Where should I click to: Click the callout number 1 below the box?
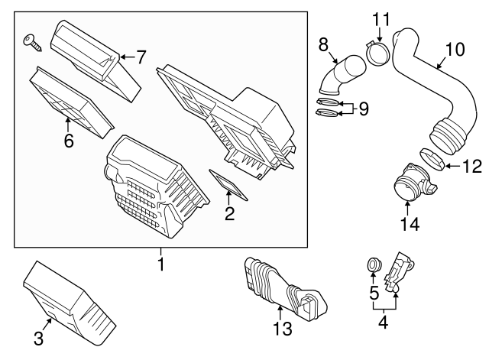160,265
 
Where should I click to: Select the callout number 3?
38,337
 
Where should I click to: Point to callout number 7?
141,57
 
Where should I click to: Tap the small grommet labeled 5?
374,265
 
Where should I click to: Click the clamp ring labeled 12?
432,161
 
